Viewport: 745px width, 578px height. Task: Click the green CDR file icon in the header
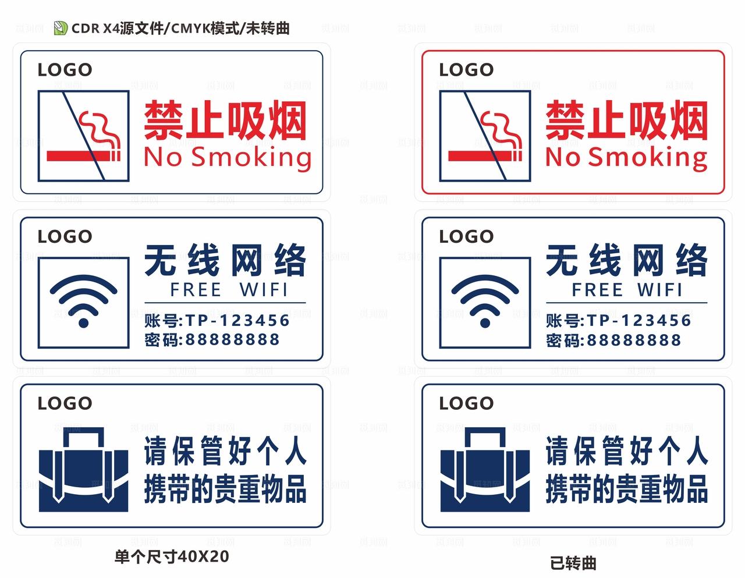61,28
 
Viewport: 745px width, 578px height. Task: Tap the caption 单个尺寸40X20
172,556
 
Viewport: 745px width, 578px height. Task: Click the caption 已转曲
573,563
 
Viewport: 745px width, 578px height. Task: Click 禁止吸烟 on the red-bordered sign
626,120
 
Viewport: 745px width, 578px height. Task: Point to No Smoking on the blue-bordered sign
227,157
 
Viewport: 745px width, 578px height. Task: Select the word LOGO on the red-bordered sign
466,70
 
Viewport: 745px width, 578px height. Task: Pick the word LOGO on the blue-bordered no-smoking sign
65,70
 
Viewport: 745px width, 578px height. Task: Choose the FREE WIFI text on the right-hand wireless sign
626,289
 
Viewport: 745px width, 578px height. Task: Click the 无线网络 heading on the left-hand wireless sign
225,260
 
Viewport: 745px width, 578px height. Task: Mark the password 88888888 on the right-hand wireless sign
634,340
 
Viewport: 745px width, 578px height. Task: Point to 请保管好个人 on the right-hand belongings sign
626,451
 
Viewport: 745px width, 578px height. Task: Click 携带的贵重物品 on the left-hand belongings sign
225,488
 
